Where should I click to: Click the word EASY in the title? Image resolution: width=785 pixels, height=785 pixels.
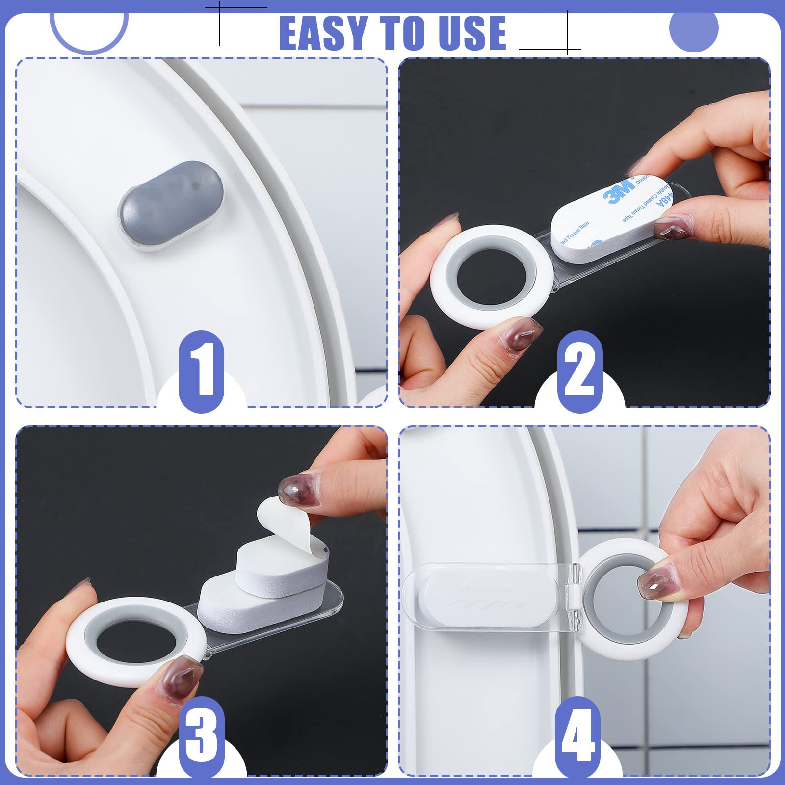click(x=324, y=33)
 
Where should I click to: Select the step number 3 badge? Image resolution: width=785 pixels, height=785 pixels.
click(x=201, y=736)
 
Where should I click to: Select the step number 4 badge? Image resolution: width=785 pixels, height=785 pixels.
click(x=578, y=736)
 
